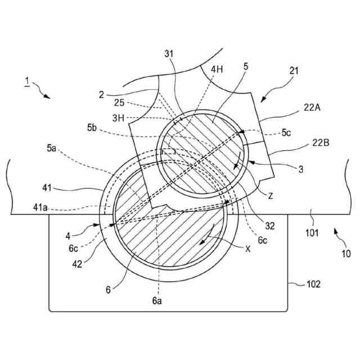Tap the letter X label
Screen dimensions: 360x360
click(x=249, y=248)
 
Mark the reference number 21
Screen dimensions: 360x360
click(x=294, y=71)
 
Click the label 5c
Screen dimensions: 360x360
click(x=287, y=134)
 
